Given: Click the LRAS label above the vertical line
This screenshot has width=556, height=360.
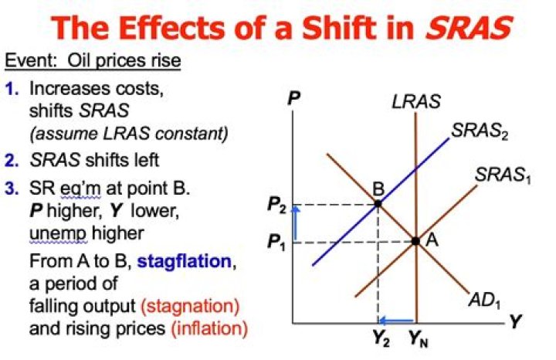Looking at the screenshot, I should (416, 101).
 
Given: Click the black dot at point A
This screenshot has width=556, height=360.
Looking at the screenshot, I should (415, 242).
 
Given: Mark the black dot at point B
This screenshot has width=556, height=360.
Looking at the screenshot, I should (378, 204).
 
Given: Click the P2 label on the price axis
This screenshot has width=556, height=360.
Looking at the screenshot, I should (276, 205).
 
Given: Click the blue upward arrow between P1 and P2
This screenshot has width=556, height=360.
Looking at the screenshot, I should (294, 223).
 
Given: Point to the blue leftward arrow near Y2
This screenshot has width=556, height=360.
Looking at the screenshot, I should (397, 319).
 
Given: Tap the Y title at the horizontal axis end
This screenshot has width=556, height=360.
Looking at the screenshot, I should (514, 321).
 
